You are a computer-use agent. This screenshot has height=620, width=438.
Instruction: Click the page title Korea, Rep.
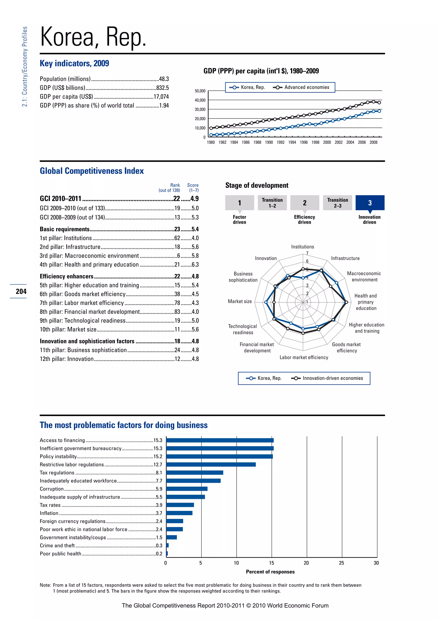coord(93,37)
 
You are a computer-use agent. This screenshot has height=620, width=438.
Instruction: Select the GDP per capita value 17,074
coord(161,97)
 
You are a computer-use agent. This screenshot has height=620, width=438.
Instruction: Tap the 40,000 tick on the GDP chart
coord(200,100)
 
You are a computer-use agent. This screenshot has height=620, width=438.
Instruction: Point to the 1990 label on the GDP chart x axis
coord(269,142)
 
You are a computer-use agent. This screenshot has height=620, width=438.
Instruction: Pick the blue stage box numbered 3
coord(370,203)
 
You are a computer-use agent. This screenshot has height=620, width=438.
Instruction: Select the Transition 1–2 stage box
coord(272,203)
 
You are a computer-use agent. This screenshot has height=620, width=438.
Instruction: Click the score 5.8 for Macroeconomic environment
coord(195,256)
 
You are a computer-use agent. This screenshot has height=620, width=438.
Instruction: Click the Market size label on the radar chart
coord(240,301)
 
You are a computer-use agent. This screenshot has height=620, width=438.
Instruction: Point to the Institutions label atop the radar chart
coord(302,247)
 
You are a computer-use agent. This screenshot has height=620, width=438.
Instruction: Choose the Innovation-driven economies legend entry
coord(332,378)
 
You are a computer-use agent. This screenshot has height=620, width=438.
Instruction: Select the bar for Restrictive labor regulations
coord(211,464)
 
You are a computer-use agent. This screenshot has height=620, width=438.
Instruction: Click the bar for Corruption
coord(187,489)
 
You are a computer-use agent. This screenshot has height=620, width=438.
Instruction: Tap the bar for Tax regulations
coord(195,472)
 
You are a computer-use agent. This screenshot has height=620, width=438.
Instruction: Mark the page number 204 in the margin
coord(21,291)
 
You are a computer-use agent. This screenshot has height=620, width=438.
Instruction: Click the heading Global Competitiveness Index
coord(92,171)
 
